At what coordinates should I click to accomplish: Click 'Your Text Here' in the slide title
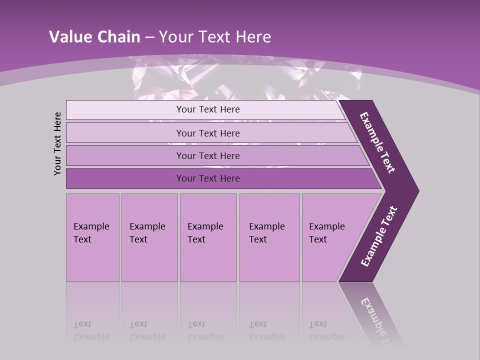tap(215, 36)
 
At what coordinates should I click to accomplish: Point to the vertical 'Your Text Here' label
tap(57, 143)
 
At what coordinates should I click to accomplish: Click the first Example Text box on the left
tap(92, 237)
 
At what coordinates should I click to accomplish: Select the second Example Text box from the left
tap(149, 237)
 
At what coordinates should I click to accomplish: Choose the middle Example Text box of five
tap(208, 237)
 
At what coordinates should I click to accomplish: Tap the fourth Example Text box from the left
tap(269, 237)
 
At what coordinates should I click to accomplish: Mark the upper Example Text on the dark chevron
tap(377, 142)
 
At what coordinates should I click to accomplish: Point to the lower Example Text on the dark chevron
tap(379, 236)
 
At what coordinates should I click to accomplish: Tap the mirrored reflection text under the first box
tap(91, 330)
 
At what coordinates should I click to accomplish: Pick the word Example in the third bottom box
tap(205, 226)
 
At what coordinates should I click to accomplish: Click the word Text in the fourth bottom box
tap(258, 239)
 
